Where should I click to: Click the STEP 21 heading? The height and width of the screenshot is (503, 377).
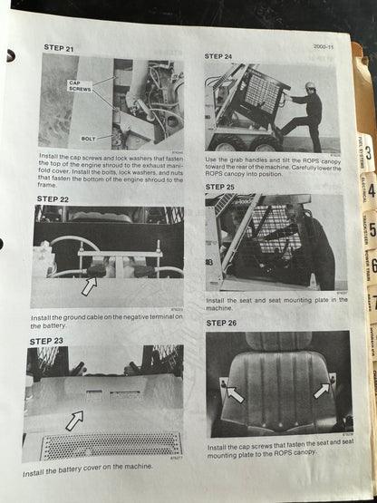pyautogui.click(x=59, y=47)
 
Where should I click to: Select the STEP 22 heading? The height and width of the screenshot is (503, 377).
pyautogui.click(x=53, y=198)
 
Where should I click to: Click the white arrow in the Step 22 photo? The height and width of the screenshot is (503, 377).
pyautogui.click(x=90, y=286)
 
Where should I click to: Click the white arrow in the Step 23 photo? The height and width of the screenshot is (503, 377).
pyautogui.click(x=74, y=420)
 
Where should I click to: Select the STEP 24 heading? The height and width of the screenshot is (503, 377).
pyautogui.click(x=219, y=56)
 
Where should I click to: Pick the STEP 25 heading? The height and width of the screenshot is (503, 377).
pyautogui.click(x=220, y=187)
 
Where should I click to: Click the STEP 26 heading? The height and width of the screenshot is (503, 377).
pyautogui.click(x=222, y=322)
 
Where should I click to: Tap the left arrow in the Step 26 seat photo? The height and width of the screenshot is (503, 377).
pyautogui.click(x=234, y=394)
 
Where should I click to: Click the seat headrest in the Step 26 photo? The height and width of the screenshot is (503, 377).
pyautogui.click(x=277, y=342)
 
